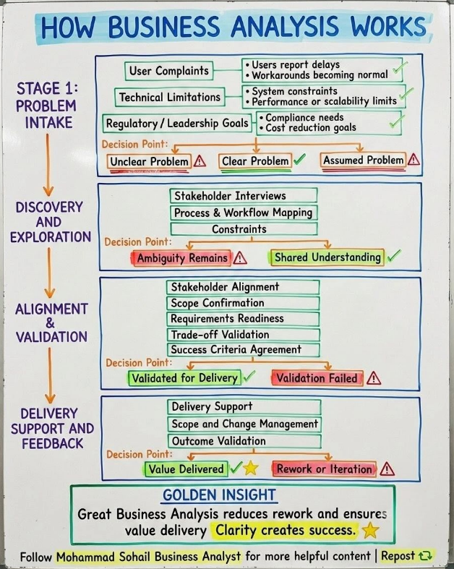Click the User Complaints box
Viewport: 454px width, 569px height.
(168, 71)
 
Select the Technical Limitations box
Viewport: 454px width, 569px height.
(169, 98)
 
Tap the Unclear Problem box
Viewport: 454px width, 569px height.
(149, 161)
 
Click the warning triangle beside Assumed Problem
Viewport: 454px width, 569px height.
(414, 159)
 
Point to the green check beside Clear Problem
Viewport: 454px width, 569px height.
(299, 159)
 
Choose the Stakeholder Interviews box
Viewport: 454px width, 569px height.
(244, 196)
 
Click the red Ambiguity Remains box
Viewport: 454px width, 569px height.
(182, 258)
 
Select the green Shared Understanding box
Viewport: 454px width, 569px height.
(327, 257)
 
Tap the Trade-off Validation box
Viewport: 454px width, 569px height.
(243, 334)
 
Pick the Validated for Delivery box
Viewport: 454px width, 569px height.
(184, 378)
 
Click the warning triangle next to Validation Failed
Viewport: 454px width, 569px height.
(374, 378)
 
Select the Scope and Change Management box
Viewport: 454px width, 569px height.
(244, 424)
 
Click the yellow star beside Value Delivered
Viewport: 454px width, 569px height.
(250, 468)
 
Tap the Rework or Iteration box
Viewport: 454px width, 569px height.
(324, 469)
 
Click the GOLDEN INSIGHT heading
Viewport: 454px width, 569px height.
(219, 495)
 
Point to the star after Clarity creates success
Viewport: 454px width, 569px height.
(370, 530)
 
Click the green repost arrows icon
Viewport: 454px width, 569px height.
(425, 555)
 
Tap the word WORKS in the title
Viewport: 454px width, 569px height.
(388, 27)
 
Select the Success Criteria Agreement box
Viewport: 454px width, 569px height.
(243, 350)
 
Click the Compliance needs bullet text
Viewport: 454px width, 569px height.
(304, 118)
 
